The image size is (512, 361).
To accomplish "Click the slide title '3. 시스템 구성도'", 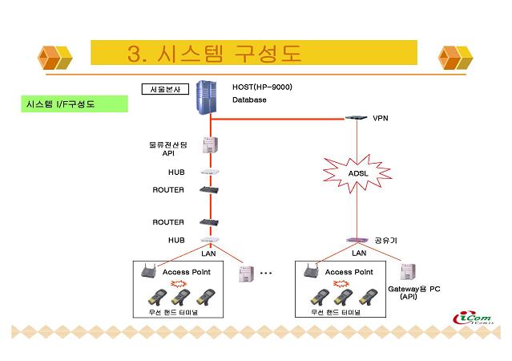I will click(x=214, y=54).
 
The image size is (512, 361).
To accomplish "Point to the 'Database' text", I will click(x=249, y=100).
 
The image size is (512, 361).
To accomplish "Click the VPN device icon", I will click(x=354, y=118).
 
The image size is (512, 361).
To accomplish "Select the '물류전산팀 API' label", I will click(x=168, y=148).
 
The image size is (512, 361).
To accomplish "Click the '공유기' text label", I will click(x=386, y=239).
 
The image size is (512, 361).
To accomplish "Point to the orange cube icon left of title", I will click(x=56, y=57).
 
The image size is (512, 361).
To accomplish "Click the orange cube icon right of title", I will click(x=456, y=57).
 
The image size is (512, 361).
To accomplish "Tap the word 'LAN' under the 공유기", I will click(x=359, y=254).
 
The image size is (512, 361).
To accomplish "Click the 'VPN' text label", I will click(x=380, y=118).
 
